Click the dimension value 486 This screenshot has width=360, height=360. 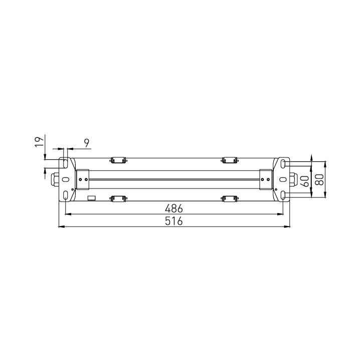pyautogui.click(x=174, y=209)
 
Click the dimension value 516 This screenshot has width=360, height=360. pyautogui.click(x=174, y=221)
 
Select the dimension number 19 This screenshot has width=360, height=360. pyautogui.click(x=39, y=142)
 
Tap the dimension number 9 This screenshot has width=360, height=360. pyautogui.click(x=87, y=143)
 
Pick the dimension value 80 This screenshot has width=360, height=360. pyautogui.click(x=319, y=179)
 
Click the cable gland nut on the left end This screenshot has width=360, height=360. pyautogui.click(x=55, y=179)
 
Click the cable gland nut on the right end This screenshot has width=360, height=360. pyautogui.click(x=293, y=179)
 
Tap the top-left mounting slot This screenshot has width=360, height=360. pyautogui.click(x=66, y=163)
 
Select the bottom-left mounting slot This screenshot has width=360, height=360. pyautogui.click(x=66, y=196)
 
